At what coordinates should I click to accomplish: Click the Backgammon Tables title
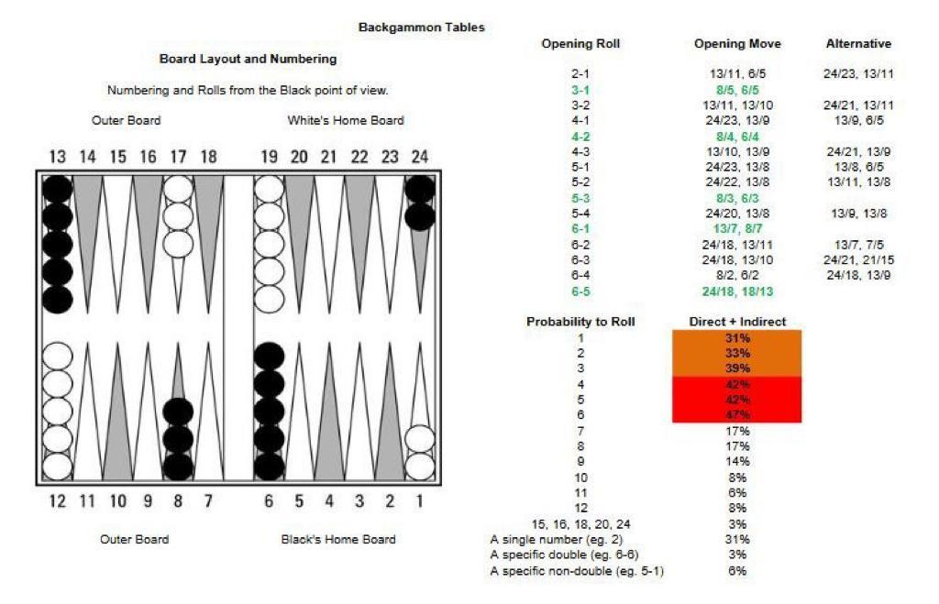[422, 27]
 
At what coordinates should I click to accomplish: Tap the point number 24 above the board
[419, 157]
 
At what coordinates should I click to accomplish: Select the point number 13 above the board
[57, 157]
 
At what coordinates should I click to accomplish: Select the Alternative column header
[858, 43]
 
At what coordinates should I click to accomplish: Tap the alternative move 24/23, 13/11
[858, 74]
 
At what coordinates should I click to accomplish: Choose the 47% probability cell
[737, 415]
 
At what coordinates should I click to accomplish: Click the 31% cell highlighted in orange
[737, 337]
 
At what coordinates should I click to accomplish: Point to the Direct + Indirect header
[737, 322]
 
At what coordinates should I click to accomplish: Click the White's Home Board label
[345, 120]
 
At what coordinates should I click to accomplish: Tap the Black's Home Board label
[338, 539]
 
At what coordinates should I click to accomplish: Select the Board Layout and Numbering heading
[248, 59]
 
